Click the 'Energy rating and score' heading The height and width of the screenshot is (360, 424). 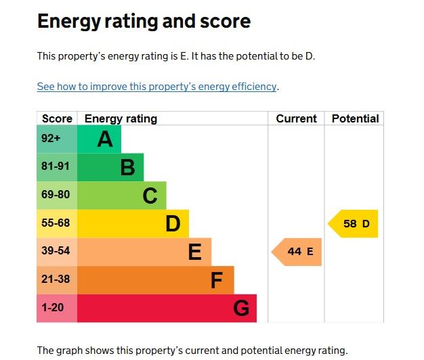tap(144, 22)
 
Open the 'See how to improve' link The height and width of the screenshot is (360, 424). tap(156, 87)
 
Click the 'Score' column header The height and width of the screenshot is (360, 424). tap(57, 118)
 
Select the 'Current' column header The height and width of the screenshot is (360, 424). tap(296, 118)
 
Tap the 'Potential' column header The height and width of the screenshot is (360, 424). tap(355, 118)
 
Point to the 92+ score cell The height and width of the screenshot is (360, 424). tap(57, 139)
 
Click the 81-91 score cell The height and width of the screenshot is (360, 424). tap(57, 167)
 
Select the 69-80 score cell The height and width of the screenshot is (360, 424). tap(57, 195)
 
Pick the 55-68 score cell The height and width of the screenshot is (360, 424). tap(57, 223)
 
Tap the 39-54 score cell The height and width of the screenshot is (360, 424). tap(57, 252)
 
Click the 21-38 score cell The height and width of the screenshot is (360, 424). tap(57, 279)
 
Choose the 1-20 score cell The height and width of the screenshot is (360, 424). tap(57, 308)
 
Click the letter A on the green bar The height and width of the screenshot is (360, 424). tap(104, 139)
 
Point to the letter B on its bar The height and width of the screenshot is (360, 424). tap(127, 167)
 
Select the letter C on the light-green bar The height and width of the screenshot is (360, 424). tap(150, 196)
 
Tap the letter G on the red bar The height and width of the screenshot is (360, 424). tap(241, 309)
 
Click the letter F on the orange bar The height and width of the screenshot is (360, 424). tap(217, 280)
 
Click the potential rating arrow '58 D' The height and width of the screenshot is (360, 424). tap(354, 224)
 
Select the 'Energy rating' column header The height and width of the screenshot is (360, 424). tap(121, 118)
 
